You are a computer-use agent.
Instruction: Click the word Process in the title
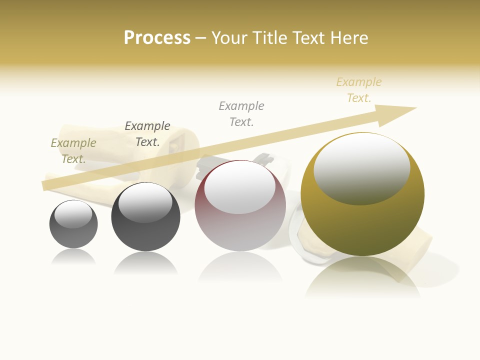(157, 37)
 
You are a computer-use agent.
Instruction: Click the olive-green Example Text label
(73, 150)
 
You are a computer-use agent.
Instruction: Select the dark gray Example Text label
(147, 133)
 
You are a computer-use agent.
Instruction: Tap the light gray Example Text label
(241, 113)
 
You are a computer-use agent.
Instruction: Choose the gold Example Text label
(359, 89)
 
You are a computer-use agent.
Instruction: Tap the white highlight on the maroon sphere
(240, 187)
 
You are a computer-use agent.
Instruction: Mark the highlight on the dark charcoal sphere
(145, 203)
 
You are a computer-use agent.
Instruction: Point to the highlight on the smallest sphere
(73, 214)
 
